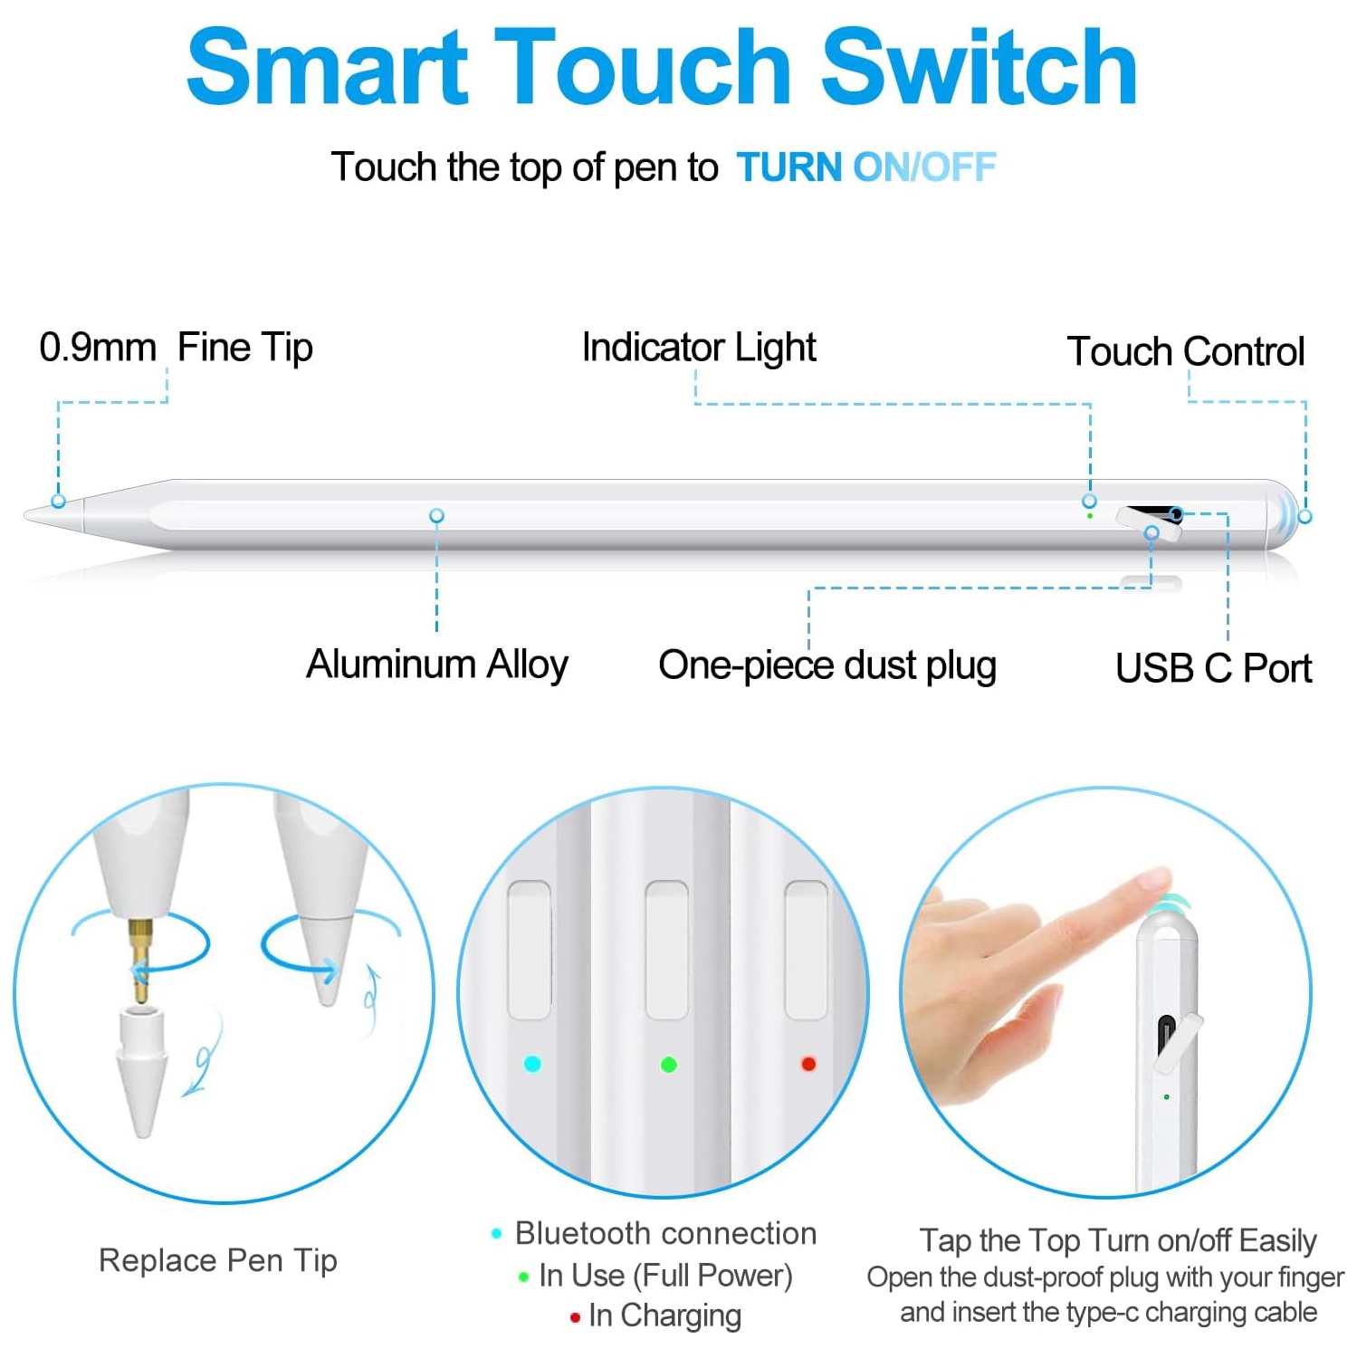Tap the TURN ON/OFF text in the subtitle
tap(865, 167)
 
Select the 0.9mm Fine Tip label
tap(176, 348)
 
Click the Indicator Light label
tap(698, 348)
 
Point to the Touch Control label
tap(1185, 351)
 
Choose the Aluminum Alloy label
tap(436, 664)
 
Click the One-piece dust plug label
tap(827, 665)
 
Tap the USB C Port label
tap(1213, 668)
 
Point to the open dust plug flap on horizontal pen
tap(1148, 526)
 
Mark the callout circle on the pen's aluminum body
tap(436, 515)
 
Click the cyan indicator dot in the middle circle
tap(532, 1064)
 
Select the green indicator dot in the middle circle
tap(669, 1065)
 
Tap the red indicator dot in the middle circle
tap(808, 1064)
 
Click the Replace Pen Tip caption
tap(217, 1260)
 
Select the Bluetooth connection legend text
tap(664, 1233)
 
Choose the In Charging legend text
tap(664, 1315)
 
